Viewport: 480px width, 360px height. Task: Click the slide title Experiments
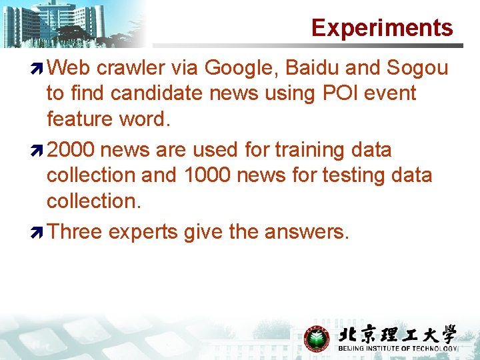(382, 28)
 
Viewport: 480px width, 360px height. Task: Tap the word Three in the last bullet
(75, 232)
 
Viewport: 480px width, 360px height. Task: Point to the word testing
(354, 175)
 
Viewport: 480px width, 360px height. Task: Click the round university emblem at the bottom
(317, 338)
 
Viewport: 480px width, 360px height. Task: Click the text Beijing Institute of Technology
(397, 349)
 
